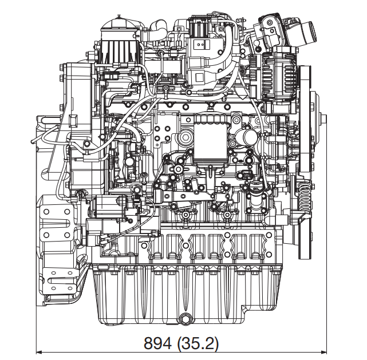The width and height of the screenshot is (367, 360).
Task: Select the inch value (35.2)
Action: [x=198, y=343]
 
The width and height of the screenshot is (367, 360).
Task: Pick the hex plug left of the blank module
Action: [x=185, y=139]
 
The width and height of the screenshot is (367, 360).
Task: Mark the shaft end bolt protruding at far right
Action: [x=324, y=122]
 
